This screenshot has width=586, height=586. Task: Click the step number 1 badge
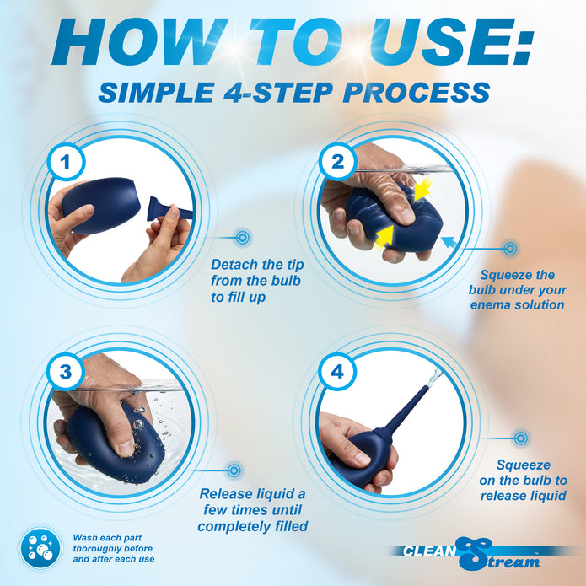tap(66, 162)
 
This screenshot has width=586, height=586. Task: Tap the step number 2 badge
tap(338, 162)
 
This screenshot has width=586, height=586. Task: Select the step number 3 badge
tap(66, 372)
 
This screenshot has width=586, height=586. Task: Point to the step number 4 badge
tap(337, 372)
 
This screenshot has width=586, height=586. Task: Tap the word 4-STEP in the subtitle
tap(278, 93)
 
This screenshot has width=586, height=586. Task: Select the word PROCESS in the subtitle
tap(417, 93)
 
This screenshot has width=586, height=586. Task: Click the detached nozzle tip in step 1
tap(169, 210)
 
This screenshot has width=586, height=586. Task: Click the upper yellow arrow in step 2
tap(422, 190)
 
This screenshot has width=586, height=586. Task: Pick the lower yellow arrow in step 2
tap(384, 237)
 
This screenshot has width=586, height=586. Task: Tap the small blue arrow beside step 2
tap(449, 243)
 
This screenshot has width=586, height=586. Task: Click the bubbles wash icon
tap(40, 548)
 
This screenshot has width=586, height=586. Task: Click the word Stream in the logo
tap(499, 555)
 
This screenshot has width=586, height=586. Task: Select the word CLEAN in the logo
tap(430, 551)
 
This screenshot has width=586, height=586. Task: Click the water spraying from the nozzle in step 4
tap(434, 378)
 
